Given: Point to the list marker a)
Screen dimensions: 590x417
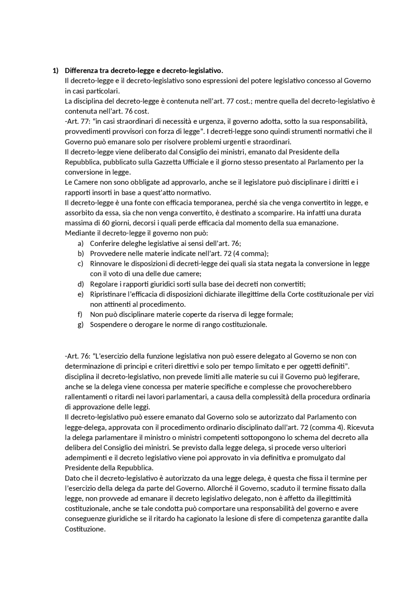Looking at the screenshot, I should [80, 243].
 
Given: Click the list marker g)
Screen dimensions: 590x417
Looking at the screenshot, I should [80, 324].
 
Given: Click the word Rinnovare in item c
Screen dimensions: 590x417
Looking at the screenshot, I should [105, 264].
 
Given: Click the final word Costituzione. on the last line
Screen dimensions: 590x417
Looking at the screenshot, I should [85, 529].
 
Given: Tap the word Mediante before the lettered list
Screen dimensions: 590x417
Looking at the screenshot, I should [79, 233].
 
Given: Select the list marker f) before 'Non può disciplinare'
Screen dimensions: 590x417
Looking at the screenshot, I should [80, 314].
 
